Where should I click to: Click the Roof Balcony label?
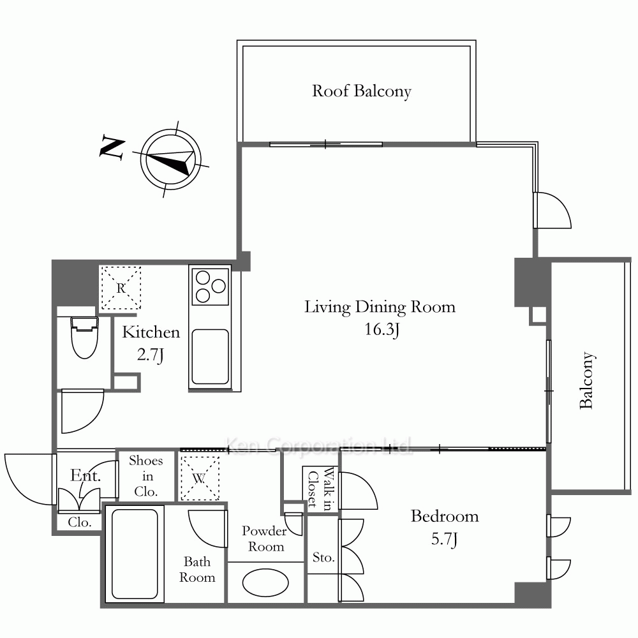(x=361, y=91)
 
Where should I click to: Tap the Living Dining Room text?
(x=380, y=307)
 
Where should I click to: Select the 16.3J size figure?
(x=382, y=329)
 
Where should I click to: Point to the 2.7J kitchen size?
(x=151, y=355)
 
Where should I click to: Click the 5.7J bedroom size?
(x=444, y=538)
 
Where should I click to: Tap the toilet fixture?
(x=85, y=337)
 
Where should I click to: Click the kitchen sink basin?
(x=210, y=357)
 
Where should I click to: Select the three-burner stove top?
(x=210, y=286)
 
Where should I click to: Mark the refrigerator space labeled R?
(x=121, y=288)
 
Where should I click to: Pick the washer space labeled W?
(x=199, y=478)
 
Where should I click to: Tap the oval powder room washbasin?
(x=265, y=582)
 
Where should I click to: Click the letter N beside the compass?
(x=112, y=147)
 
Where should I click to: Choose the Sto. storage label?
(x=323, y=557)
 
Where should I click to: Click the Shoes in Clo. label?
(x=146, y=476)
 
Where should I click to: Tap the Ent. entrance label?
(x=85, y=475)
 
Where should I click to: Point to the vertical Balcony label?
(x=587, y=380)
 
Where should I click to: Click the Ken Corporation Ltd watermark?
(x=318, y=445)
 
